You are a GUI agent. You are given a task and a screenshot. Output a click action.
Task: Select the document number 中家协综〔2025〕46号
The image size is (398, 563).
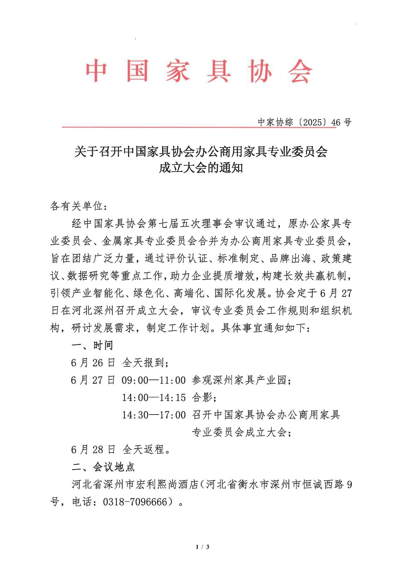305,122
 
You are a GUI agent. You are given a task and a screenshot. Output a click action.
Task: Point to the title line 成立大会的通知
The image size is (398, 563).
201,168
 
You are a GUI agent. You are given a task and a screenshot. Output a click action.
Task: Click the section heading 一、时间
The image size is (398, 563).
92,345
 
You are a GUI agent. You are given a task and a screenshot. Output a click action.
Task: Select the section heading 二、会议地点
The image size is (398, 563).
103,467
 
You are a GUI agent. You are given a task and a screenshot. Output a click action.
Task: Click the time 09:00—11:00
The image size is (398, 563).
154,380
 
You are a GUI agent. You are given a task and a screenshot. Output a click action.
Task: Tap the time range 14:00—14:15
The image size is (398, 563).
154,398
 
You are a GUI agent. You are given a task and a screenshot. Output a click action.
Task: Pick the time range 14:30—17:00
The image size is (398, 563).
154,415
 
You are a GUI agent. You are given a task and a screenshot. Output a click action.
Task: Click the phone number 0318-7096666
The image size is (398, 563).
135,502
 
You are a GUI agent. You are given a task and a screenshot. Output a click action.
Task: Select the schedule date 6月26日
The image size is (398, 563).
93,363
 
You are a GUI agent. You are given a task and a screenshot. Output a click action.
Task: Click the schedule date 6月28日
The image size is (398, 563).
93,450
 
